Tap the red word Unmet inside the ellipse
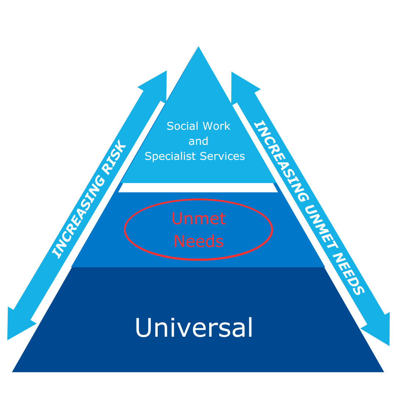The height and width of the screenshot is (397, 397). coord(198,219)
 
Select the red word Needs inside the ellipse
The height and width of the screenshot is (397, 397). coord(198,242)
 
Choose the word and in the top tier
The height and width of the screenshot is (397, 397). coord(198,141)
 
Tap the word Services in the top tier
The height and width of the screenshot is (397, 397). coord(222,156)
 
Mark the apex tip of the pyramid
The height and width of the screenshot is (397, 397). coord(198,47)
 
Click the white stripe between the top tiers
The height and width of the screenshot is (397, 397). coord(198,187)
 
